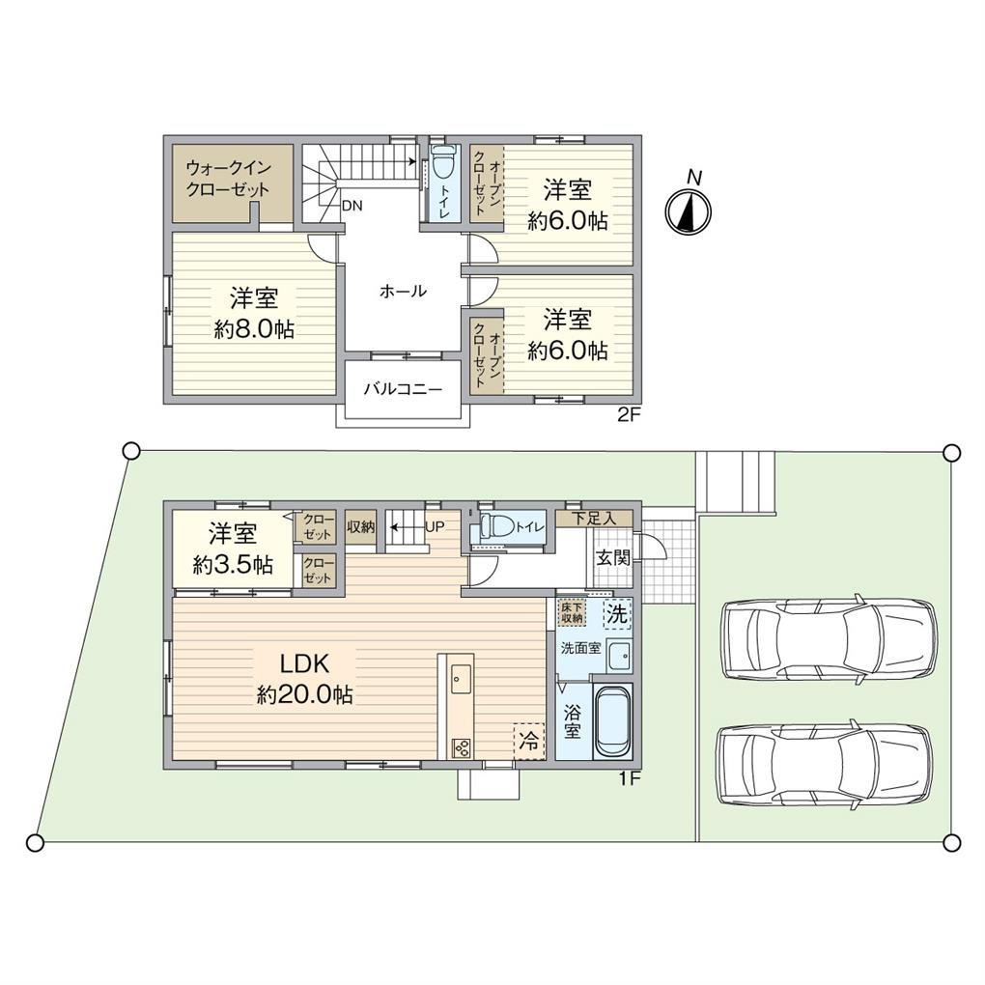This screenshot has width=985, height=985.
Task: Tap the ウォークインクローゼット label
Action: click(x=228, y=178)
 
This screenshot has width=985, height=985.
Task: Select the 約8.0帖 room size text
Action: click(x=254, y=328)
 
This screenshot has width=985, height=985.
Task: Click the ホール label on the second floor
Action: click(x=403, y=290)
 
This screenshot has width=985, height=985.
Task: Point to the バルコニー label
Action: click(x=403, y=390)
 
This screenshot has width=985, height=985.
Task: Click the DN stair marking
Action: click(x=353, y=205)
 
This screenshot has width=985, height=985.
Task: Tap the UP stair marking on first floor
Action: click(x=436, y=527)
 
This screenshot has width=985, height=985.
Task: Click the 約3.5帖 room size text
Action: click(x=232, y=566)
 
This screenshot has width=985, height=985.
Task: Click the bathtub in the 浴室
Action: click(x=612, y=723)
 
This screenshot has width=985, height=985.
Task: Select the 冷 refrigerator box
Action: click(x=528, y=741)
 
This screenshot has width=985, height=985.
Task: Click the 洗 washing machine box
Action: click(x=615, y=612)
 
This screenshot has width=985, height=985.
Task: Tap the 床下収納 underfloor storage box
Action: click(x=572, y=611)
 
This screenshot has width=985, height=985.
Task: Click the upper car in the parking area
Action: click(x=829, y=638)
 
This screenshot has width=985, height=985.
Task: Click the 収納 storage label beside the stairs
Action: click(x=361, y=526)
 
